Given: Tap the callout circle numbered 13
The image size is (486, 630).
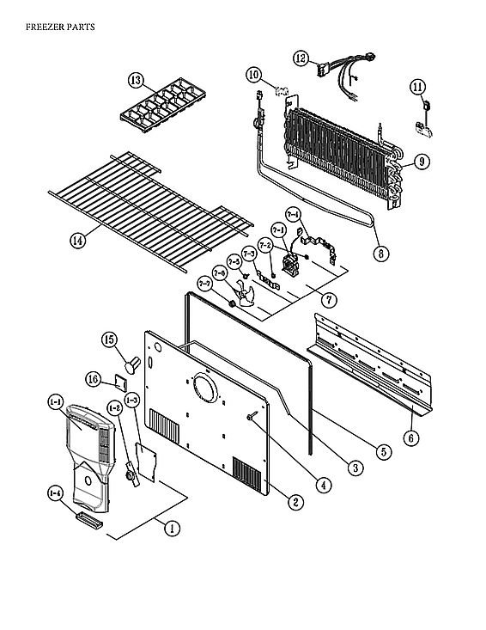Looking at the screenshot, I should [136, 80].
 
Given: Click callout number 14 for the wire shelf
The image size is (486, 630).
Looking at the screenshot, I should [77, 241].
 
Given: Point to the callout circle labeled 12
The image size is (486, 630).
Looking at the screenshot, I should [300, 58].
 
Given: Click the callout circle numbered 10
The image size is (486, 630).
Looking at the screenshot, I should [254, 75].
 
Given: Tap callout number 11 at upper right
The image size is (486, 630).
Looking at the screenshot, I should [417, 87].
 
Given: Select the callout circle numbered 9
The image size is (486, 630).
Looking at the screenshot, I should [421, 161].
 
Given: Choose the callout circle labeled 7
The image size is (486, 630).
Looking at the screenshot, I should [326, 299].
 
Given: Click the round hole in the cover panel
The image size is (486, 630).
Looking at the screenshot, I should [206, 388].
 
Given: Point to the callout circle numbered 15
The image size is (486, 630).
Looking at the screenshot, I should [110, 340].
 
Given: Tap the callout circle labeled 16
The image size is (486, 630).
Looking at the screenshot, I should [94, 379].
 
